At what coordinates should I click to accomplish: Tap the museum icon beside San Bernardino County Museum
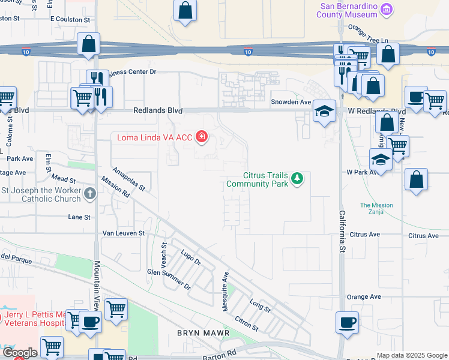click(x=387, y=9)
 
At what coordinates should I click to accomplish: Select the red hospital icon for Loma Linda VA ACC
click(x=202, y=137)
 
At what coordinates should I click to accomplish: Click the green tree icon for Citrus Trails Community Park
click(x=297, y=178)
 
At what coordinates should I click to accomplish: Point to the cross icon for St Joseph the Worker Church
click(x=90, y=193)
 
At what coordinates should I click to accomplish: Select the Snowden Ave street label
click(x=291, y=102)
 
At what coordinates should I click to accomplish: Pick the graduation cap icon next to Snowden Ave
click(x=324, y=111)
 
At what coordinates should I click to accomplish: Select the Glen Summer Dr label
click(x=169, y=279)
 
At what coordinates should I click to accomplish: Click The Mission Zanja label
click(x=376, y=209)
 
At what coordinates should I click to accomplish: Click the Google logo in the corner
click(x=19, y=353)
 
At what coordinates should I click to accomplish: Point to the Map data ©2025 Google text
click(x=411, y=355)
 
